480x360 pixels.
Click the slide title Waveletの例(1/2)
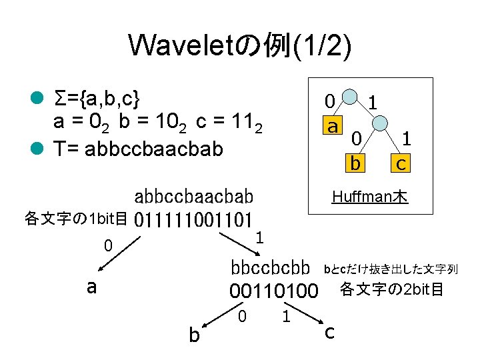(240, 45)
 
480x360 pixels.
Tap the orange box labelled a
(331, 125)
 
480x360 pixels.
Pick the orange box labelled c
(401, 162)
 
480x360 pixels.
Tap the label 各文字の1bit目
(76, 219)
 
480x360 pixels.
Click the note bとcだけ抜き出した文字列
(390, 269)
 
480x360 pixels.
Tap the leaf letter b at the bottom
(193, 334)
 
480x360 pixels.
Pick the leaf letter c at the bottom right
(329, 331)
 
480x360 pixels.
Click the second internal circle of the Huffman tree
(379, 123)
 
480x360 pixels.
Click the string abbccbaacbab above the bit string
(194, 197)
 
